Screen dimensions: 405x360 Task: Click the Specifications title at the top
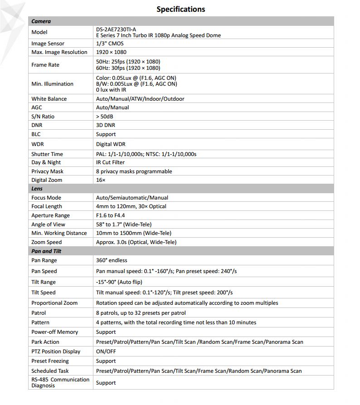click(x=180, y=9)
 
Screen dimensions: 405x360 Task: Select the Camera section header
click(x=41, y=21)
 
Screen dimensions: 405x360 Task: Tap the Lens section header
click(x=37, y=189)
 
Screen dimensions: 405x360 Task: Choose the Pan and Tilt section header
click(x=46, y=251)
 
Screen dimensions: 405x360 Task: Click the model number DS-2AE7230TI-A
click(x=116, y=29)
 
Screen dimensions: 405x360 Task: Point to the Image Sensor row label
click(x=48, y=44)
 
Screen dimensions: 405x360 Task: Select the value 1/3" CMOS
click(x=110, y=44)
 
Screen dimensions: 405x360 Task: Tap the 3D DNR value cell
click(x=106, y=125)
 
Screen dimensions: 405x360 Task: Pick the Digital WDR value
click(x=111, y=144)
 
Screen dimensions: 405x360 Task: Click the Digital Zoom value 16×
click(x=101, y=180)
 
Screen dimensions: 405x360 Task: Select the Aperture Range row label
click(x=50, y=215)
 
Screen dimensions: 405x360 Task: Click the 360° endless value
click(x=112, y=260)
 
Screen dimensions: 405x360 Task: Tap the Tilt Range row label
click(x=44, y=282)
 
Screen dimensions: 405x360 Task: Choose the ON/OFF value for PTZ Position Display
click(x=106, y=351)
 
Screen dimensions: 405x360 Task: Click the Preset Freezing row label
click(x=50, y=361)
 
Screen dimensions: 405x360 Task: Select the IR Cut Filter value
click(x=110, y=162)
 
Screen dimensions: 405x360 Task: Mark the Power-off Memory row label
click(x=54, y=332)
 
